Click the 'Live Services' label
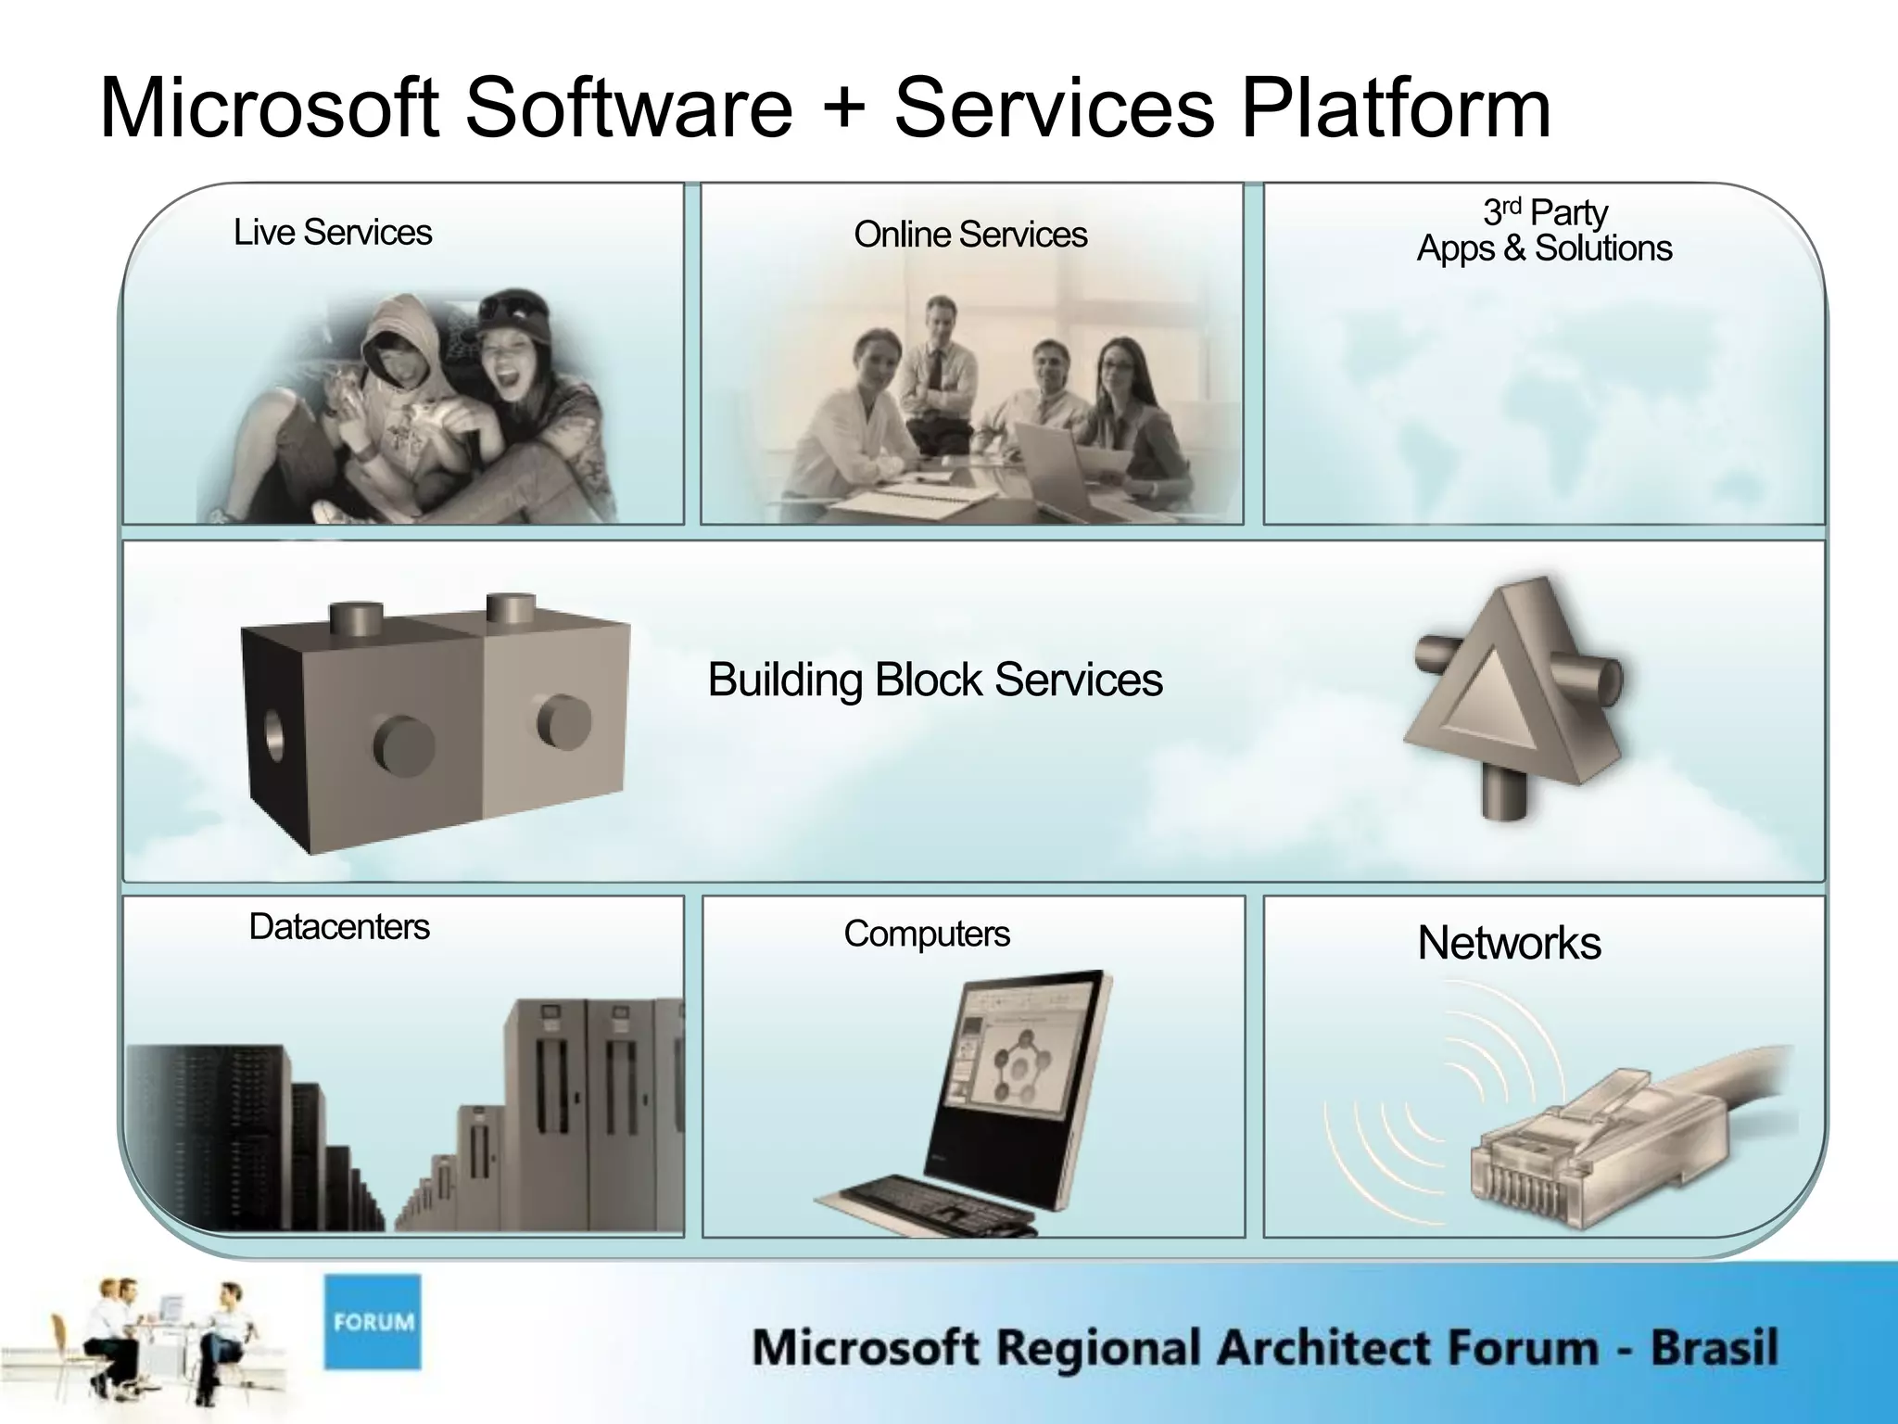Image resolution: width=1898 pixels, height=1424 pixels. pyautogui.click(x=333, y=233)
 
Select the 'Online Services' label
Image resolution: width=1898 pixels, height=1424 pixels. pyautogui.click(x=970, y=235)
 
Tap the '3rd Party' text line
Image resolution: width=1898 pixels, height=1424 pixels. pyautogui.click(x=1545, y=212)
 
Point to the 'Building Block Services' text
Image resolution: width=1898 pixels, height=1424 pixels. pyautogui.click(x=934, y=680)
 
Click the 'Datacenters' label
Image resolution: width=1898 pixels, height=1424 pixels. pyautogui.click(x=339, y=927)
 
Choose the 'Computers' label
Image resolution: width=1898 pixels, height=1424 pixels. pyautogui.click(x=927, y=934)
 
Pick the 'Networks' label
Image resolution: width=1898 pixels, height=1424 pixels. pyautogui.click(x=1509, y=943)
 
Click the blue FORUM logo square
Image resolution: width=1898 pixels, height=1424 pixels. pyautogui.click(x=373, y=1321)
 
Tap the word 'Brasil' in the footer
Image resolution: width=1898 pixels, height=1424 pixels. pyautogui.click(x=1714, y=1347)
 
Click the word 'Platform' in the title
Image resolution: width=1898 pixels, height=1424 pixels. pyautogui.click(x=1396, y=108)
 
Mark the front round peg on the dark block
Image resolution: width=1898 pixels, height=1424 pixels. pyautogui.click(x=404, y=744)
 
